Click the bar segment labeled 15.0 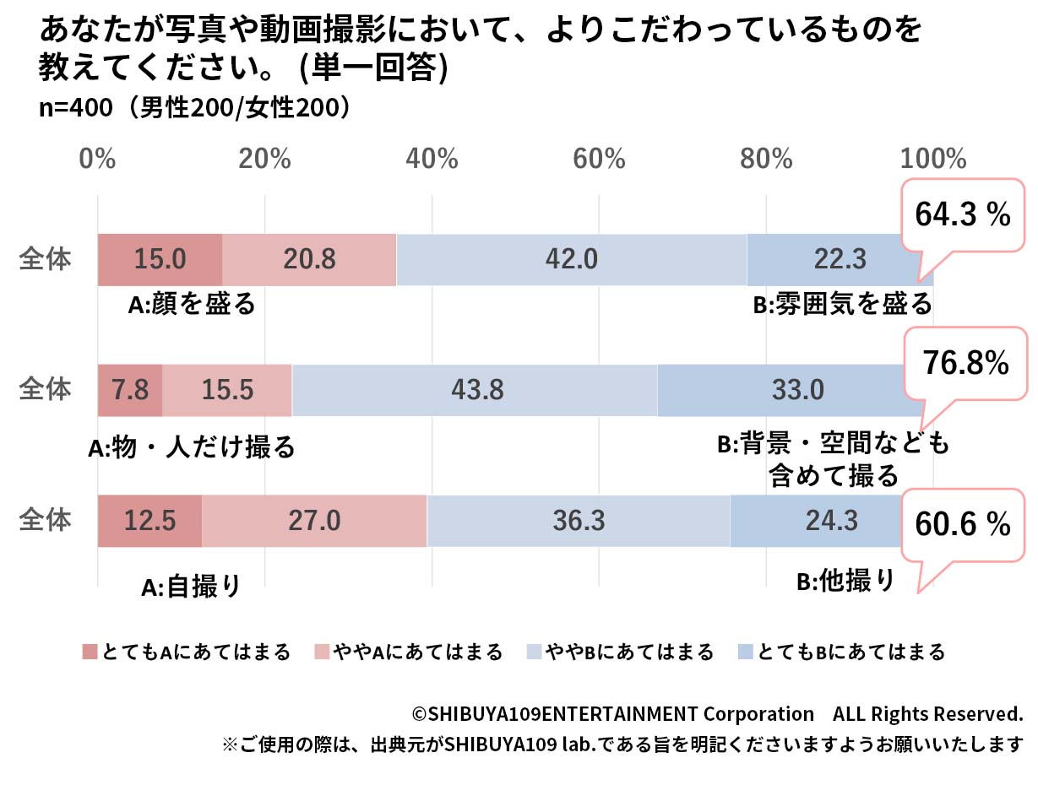tap(160, 259)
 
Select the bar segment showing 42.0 tap(572, 259)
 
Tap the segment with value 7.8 tap(129, 389)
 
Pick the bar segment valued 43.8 tap(474, 389)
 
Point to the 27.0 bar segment tap(314, 520)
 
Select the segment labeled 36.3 tap(579, 520)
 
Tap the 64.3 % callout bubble tap(962, 214)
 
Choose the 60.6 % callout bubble tap(963, 525)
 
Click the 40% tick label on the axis tap(432, 159)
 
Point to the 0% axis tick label tap(97, 159)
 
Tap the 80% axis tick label tap(767, 159)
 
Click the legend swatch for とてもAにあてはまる tap(90, 652)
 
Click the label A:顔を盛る tap(191, 305)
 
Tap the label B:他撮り tap(845, 581)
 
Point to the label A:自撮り tap(191, 586)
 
